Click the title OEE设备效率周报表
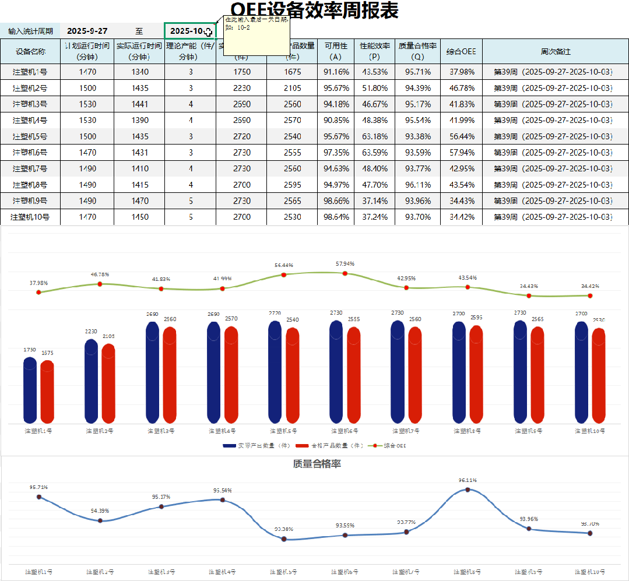pyautogui.click(x=315, y=10)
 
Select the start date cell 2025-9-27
pyautogui.click(x=87, y=31)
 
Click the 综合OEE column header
pyautogui.click(x=461, y=51)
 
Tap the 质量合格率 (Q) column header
pyautogui.click(x=417, y=51)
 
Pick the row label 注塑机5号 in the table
pyautogui.click(x=30, y=136)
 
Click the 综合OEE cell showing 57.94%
pyautogui.click(x=461, y=153)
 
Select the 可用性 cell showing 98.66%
pyautogui.click(x=336, y=201)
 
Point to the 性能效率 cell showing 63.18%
pyautogui.click(x=374, y=136)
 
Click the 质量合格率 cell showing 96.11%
pyautogui.click(x=417, y=185)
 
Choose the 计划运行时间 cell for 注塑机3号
pyautogui.click(x=87, y=104)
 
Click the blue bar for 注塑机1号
pyautogui.click(x=30, y=390)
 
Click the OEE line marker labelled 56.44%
pyautogui.click(x=284, y=274)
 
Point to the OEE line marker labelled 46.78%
pyautogui.click(x=100, y=284)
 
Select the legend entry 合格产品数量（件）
pyautogui.click(x=328, y=446)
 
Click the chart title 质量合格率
pyautogui.click(x=317, y=464)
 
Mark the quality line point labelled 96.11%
pyautogui.click(x=468, y=490)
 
